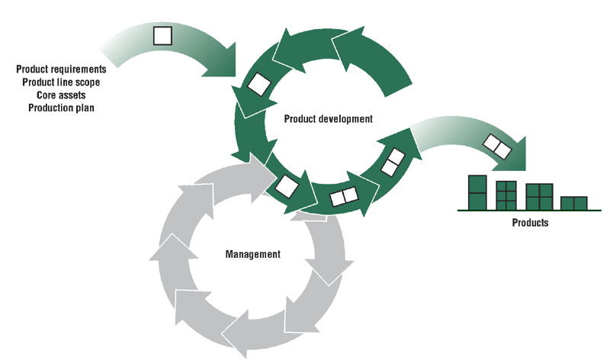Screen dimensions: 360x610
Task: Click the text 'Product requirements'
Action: tap(61, 69)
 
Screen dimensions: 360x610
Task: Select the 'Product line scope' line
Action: tap(61, 82)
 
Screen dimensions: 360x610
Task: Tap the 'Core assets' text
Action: tap(61, 95)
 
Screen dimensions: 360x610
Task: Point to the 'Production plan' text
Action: tap(61, 108)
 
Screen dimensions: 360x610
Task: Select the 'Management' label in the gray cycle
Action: tap(252, 254)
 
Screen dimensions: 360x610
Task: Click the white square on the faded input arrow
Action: tap(162, 35)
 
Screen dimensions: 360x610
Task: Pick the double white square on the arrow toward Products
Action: tap(496, 146)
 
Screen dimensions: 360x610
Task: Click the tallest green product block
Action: tap(477, 192)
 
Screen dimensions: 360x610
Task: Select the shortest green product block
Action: tap(573, 203)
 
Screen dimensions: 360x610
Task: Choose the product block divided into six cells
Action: tap(506, 195)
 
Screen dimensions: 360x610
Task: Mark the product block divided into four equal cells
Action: tap(539, 196)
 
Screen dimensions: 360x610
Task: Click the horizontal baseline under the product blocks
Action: tap(526, 210)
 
